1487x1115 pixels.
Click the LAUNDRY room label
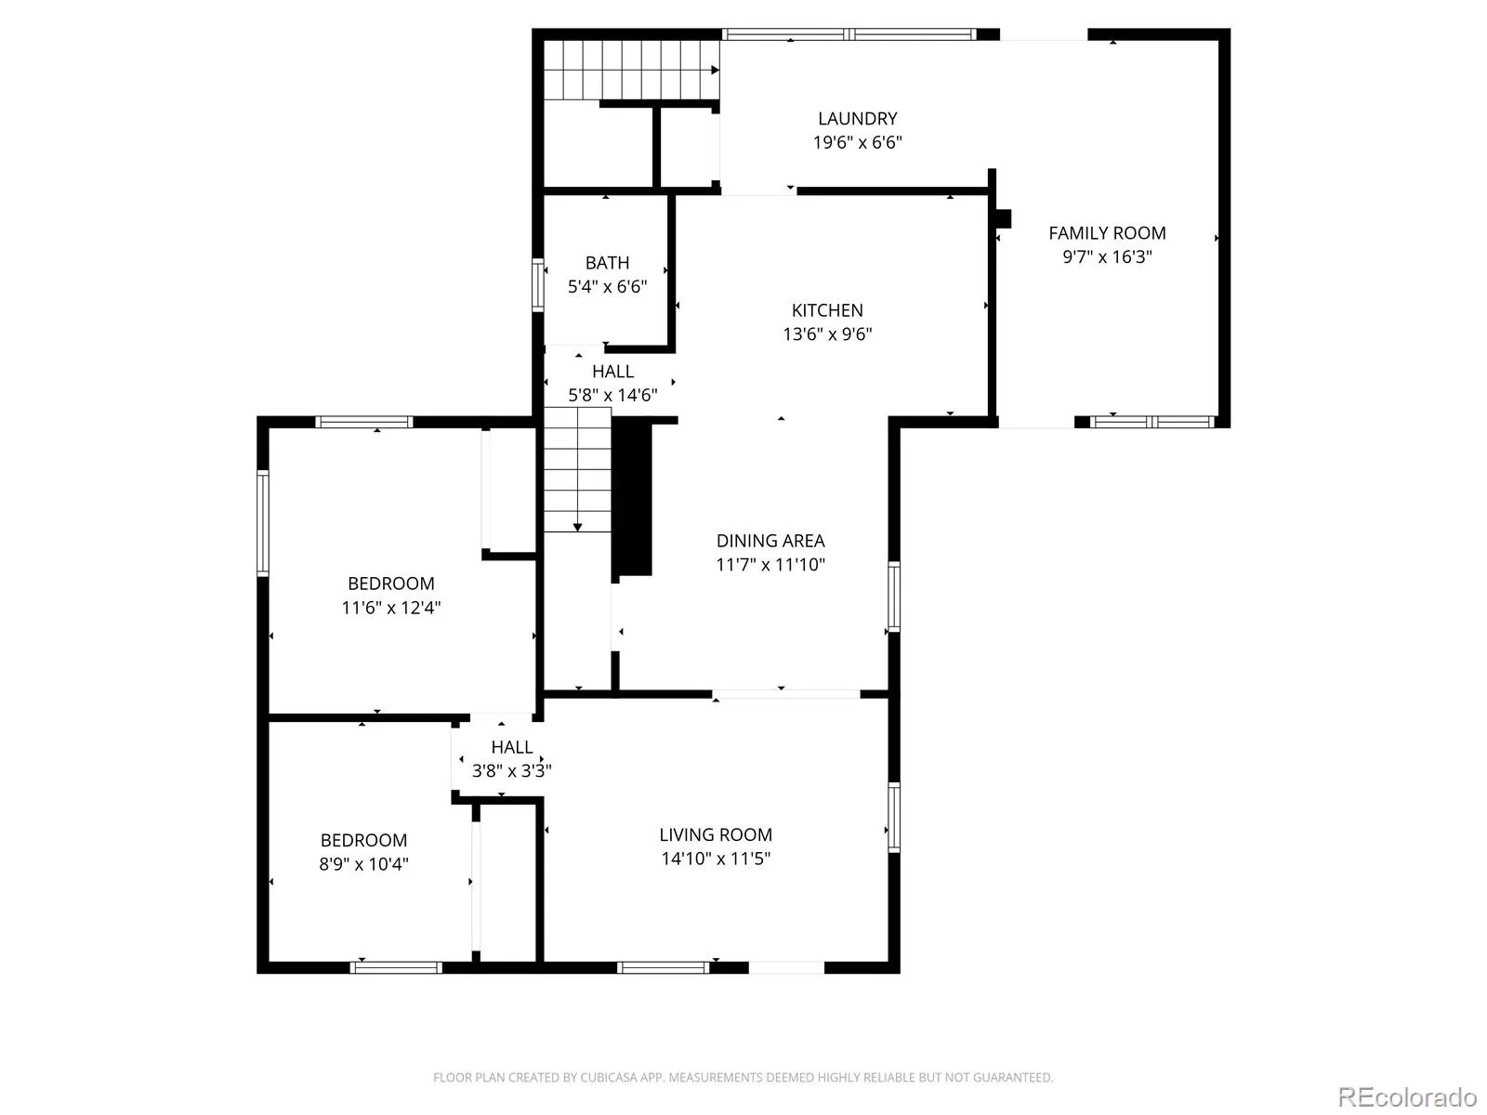(x=857, y=119)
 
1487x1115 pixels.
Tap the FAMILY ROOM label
(x=1107, y=233)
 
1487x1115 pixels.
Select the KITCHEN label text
(x=827, y=310)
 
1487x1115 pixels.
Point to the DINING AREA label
(x=770, y=540)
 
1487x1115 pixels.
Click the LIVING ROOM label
(x=716, y=834)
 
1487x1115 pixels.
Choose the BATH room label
(x=607, y=262)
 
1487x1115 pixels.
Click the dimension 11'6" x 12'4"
(x=391, y=608)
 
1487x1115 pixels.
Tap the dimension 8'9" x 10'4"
(x=363, y=864)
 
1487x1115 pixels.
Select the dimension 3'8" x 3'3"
(x=511, y=770)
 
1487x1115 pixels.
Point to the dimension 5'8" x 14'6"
(x=612, y=395)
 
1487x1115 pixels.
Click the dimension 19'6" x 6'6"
(x=857, y=142)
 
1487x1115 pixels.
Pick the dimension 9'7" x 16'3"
(x=1107, y=256)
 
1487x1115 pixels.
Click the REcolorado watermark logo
(x=1407, y=1096)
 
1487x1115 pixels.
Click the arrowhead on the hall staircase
(x=577, y=527)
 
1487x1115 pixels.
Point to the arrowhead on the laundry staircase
(x=715, y=70)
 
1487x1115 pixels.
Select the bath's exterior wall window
(x=537, y=285)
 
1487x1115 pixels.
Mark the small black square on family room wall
(x=1004, y=218)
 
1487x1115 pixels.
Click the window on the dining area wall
(x=893, y=597)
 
